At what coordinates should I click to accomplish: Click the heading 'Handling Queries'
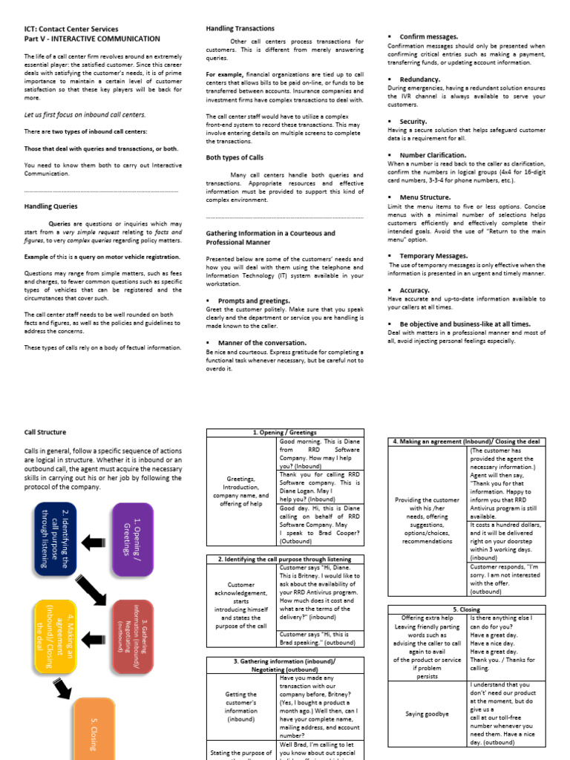(50, 206)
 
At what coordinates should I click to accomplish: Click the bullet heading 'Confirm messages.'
(428, 36)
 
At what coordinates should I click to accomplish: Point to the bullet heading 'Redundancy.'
(419, 79)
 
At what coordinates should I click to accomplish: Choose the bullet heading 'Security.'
(413, 121)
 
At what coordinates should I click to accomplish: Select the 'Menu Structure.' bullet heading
(425, 197)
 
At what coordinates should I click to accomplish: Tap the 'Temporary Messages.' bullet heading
(433, 255)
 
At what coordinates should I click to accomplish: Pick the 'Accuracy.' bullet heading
(414, 290)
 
